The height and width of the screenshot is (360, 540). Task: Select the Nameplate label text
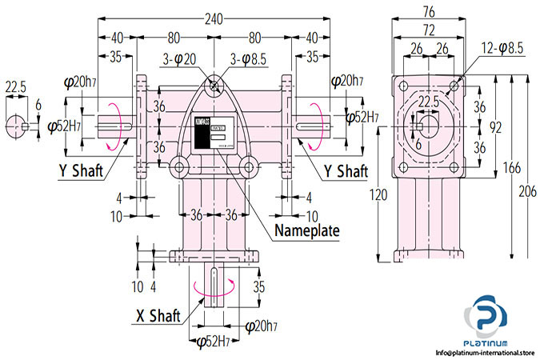point(307,231)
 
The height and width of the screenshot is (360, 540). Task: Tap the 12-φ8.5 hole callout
point(503,49)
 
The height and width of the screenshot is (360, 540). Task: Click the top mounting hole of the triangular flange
point(214,86)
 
